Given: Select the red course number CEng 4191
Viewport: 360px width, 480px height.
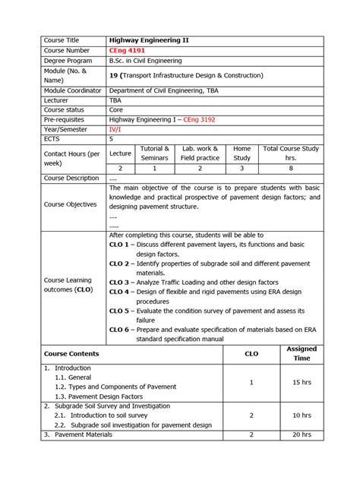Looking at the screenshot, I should (127, 50).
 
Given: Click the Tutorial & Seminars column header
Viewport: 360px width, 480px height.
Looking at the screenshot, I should (155, 153).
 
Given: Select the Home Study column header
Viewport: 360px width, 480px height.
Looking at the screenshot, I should (242, 153).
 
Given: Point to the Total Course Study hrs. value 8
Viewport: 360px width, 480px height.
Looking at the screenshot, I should (290, 168).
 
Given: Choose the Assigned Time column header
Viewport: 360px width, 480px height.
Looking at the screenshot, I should (302, 353).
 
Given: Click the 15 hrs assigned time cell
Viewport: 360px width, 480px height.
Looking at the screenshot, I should (302, 382).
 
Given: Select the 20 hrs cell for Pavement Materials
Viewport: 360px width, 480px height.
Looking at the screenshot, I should (302, 435).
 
